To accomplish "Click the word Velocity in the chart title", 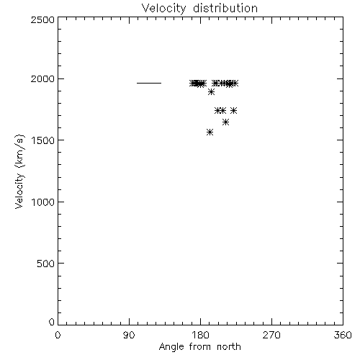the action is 164,9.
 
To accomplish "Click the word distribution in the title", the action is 225,8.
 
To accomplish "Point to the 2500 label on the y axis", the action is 42,19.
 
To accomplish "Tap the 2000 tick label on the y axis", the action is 42,78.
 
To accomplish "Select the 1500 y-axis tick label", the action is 43,140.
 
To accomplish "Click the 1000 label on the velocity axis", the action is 43,202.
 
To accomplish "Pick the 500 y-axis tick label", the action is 46,264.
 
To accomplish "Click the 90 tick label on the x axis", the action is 129,335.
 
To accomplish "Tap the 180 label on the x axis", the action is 200,335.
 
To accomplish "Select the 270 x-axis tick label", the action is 271,335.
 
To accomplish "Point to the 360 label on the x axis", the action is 343,335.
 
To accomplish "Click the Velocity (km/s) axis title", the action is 19,171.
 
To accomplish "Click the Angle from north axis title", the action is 200,347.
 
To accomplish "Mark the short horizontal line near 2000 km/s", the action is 149,84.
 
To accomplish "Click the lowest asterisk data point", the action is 210,132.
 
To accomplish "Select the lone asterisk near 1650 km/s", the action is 225,122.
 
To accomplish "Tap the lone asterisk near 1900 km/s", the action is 211,92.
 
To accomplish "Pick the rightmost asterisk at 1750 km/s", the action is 234,111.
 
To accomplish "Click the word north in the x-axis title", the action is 229,346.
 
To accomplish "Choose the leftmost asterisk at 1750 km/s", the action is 218,111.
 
